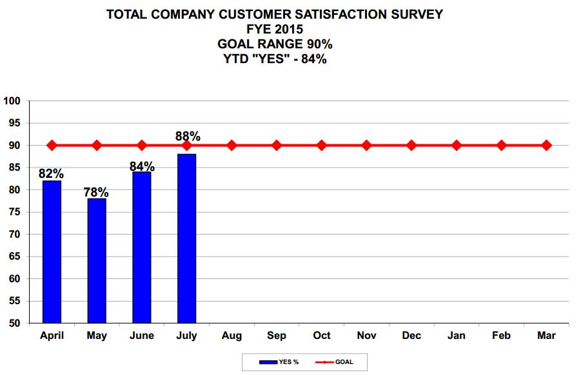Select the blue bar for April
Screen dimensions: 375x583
point(52,251)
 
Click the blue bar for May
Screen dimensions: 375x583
point(97,260)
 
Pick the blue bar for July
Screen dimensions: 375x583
point(186,238)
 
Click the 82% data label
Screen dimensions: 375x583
point(51,173)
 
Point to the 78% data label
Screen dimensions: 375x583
point(95,191)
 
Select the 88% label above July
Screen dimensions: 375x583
point(188,137)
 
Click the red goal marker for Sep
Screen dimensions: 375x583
point(277,146)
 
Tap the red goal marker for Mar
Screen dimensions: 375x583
point(546,146)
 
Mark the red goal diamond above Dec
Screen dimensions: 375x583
point(411,146)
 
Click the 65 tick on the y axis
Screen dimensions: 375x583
point(15,256)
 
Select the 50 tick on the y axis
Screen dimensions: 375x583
point(15,323)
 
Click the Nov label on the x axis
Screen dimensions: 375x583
point(366,336)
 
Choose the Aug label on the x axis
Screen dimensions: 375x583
point(232,336)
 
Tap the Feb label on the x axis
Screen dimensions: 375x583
point(501,336)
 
